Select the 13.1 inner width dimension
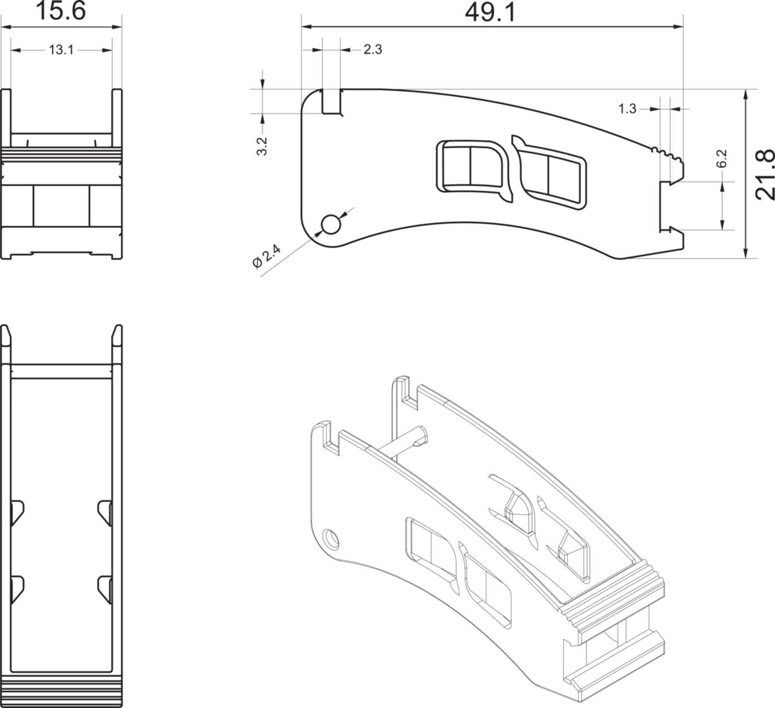pos(61,50)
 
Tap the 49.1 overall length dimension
pos(490,12)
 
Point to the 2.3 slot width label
pos(373,50)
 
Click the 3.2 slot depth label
pos(262,146)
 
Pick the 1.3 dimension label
pos(627,109)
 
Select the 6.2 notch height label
pos(721,159)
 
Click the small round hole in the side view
pos(331,224)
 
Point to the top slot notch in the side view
pos(332,101)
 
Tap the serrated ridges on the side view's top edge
pos(666,154)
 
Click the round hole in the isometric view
pos(332,538)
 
